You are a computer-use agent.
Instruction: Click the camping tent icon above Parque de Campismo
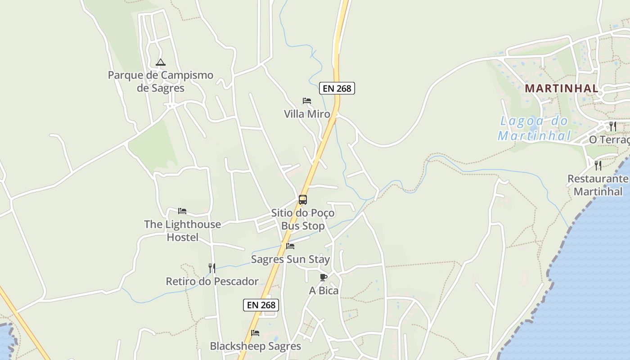[x=161, y=62]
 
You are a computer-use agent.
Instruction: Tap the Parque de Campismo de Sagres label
[x=161, y=81]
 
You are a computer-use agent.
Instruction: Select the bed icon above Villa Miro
[x=307, y=101]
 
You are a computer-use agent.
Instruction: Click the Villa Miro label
[x=307, y=114]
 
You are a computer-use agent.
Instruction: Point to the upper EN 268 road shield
[x=337, y=88]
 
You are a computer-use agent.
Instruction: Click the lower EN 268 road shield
[x=261, y=305]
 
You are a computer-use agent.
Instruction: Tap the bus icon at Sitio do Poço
[x=303, y=200]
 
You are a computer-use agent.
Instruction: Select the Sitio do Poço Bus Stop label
[x=303, y=219]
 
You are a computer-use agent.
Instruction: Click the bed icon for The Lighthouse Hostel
[x=182, y=211]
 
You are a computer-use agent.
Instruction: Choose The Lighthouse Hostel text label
[x=182, y=230]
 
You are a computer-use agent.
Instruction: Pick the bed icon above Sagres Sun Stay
[x=290, y=246]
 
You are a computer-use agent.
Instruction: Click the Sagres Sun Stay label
[x=290, y=259]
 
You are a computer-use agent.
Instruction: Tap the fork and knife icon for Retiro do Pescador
[x=212, y=268]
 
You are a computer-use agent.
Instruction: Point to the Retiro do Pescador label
[x=212, y=282]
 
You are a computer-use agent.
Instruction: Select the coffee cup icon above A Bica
[x=324, y=277]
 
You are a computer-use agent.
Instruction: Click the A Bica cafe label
[x=324, y=291]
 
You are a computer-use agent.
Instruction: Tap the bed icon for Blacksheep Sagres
[x=255, y=333]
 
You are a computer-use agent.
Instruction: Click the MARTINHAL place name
[x=562, y=88]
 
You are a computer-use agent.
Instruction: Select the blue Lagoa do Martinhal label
[x=534, y=128]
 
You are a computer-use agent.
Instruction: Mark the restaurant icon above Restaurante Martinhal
[x=598, y=165]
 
